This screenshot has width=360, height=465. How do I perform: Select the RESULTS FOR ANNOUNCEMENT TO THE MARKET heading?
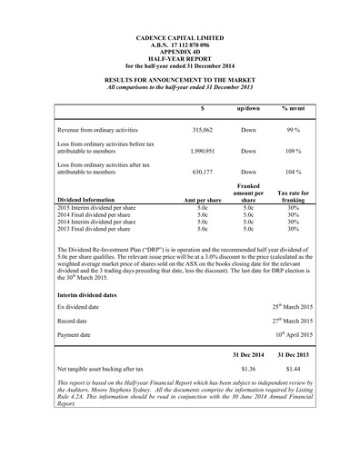(x=179, y=80)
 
